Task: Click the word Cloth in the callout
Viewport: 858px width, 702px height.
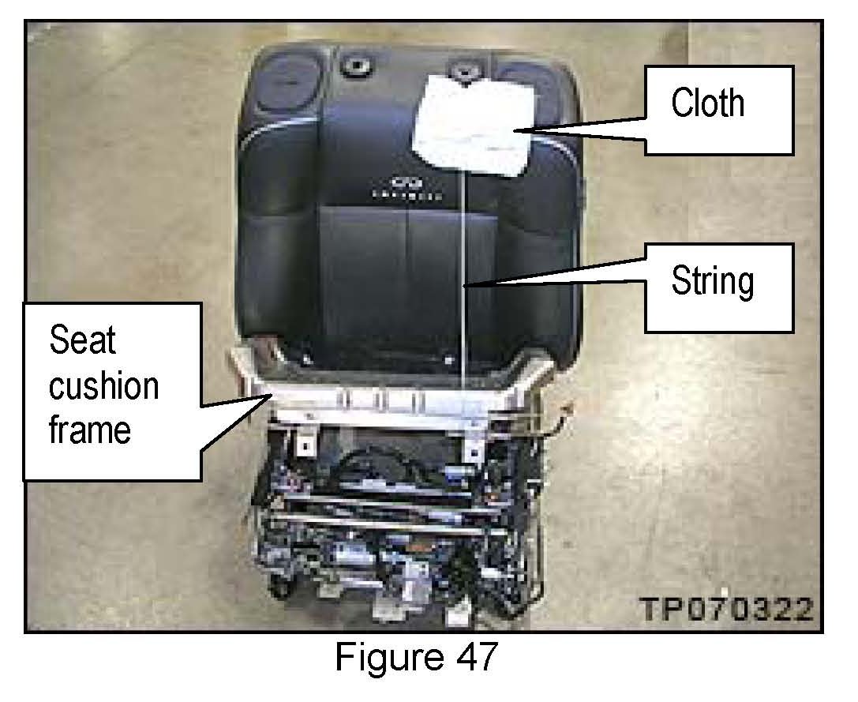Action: [x=707, y=103]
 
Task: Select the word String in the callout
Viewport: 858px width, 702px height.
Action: [x=712, y=281]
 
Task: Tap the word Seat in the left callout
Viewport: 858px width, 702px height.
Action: [x=82, y=341]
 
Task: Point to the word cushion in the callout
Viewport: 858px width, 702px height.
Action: [x=103, y=386]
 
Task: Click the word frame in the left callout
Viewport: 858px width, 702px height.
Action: [x=89, y=430]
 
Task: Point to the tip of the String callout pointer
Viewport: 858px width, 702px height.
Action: [x=465, y=287]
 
